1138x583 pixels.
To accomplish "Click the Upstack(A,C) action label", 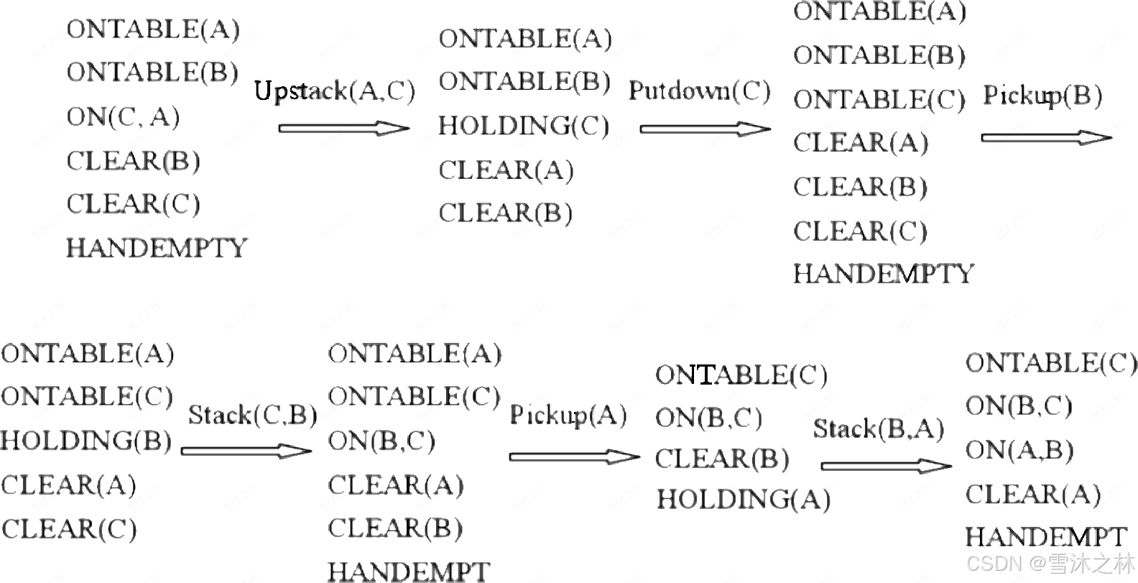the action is (335, 91).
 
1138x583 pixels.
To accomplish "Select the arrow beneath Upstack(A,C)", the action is (343, 129).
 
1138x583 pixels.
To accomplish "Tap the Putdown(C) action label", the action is (699, 91).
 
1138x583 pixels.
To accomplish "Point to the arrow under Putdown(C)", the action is (705, 129).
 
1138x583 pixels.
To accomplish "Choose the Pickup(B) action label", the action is (1042, 96).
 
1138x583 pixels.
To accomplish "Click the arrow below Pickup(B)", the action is (1046, 137).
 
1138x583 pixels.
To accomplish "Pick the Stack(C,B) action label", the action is (252, 415).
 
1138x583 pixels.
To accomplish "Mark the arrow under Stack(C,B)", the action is (246, 451).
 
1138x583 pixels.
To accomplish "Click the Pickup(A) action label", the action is (568, 415).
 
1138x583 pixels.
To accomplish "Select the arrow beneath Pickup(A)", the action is (574, 456).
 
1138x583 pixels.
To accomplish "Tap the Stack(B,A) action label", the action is (879, 429).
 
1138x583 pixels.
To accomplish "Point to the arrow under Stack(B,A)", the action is (886, 467).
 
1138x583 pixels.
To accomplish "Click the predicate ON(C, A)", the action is (123, 116).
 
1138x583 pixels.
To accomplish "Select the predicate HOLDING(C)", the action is (524, 126).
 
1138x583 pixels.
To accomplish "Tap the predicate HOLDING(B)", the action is (86, 441).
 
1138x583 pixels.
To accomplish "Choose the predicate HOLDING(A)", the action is (743, 499).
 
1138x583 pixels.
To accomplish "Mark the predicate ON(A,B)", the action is (1019, 450).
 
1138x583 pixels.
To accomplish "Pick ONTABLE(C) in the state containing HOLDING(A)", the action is (741, 375).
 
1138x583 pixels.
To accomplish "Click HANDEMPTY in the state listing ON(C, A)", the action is (157, 248).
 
